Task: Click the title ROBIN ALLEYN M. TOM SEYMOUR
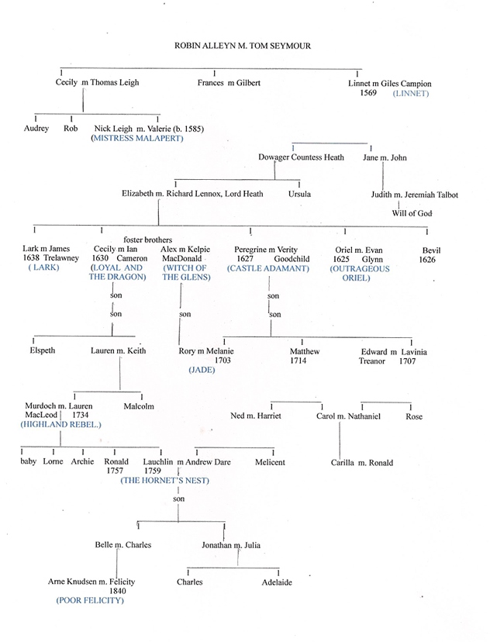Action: (243, 46)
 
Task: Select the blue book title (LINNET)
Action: (411, 93)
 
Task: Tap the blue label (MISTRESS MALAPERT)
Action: (137, 138)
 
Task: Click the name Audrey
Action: (36, 128)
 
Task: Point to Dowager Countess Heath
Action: (301, 157)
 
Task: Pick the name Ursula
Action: (299, 194)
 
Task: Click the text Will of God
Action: (412, 213)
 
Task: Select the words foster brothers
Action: (148, 240)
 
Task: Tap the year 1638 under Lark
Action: (31, 258)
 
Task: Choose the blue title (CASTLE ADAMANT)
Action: (268, 268)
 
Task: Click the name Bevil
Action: (431, 250)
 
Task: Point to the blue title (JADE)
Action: (202, 370)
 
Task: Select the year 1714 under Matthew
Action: (298, 361)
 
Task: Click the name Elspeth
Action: (42, 350)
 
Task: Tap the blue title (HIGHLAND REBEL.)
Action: (60, 425)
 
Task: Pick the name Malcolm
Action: (139, 406)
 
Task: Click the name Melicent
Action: (270, 462)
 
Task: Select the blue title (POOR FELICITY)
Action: (90, 601)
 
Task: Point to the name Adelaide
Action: (277, 582)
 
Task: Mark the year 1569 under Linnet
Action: (368, 93)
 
